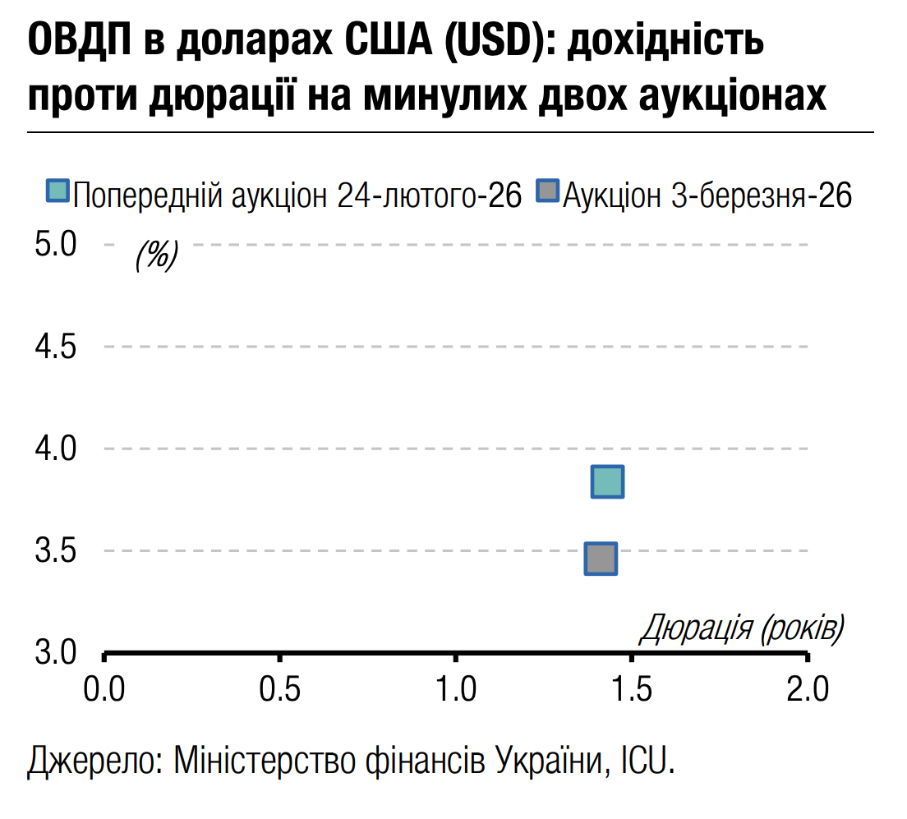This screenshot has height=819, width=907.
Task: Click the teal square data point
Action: tap(608, 481)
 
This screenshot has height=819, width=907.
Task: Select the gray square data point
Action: tap(601, 559)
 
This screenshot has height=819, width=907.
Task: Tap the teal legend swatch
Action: tap(58, 191)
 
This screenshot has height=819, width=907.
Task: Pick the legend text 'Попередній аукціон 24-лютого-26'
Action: tap(297, 196)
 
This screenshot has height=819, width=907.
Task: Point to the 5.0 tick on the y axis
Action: tap(55, 245)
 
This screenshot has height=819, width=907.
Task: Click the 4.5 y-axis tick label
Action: tap(55, 347)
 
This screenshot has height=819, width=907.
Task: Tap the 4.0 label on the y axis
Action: tap(55, 449)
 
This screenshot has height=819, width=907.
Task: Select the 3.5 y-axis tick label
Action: tap(55, 550)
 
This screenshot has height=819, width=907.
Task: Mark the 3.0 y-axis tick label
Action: tap(55, 652)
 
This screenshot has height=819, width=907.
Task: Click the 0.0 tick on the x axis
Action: tap(104, 688)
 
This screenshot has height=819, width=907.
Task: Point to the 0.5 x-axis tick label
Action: tap(280, 688)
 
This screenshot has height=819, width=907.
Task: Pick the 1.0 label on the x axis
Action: tap(456, 688)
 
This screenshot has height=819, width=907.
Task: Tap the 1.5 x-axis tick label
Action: tap(632, 688)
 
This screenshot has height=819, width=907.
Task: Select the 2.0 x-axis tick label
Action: tap(808, 688)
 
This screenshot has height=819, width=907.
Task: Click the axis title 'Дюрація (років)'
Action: tap(741, 628)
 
